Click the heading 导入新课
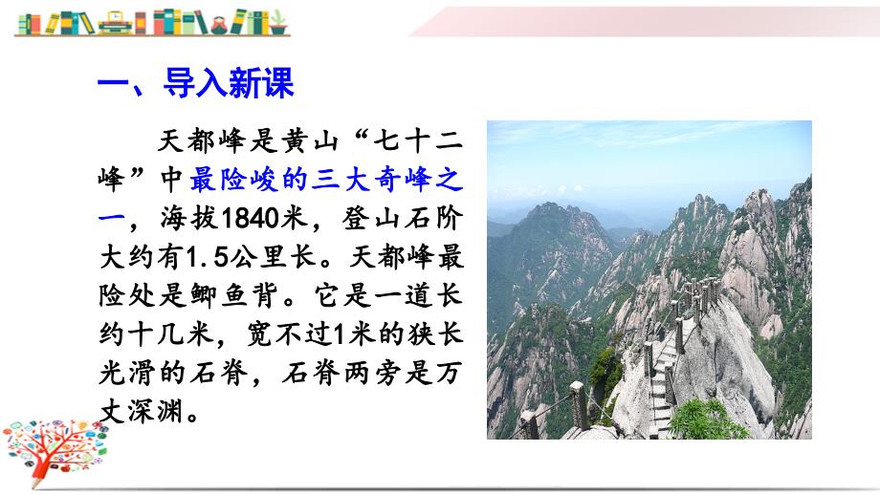(x=229, y=83)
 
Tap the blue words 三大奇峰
(x=371, y=180)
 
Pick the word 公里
(x=258, y=257)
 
